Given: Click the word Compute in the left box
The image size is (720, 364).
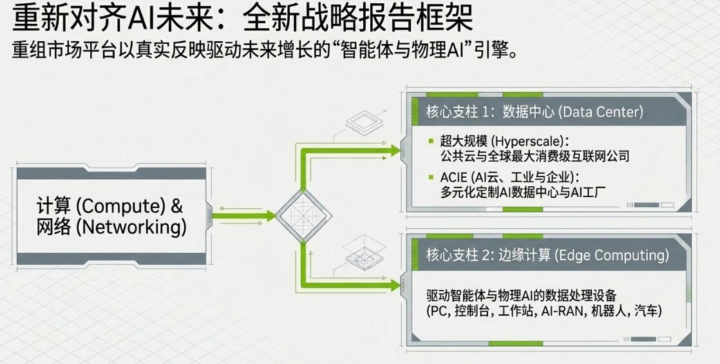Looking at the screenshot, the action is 120,207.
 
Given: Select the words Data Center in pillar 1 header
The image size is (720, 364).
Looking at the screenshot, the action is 601,112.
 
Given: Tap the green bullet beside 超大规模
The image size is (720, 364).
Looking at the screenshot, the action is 431,140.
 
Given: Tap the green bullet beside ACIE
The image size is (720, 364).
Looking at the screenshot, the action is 431,177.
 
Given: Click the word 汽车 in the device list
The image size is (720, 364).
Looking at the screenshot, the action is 646,311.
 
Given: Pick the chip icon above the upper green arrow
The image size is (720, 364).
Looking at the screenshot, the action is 364,122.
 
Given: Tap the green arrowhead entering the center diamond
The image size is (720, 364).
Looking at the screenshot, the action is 270,215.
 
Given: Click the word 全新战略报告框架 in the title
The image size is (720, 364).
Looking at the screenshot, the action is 358,19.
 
